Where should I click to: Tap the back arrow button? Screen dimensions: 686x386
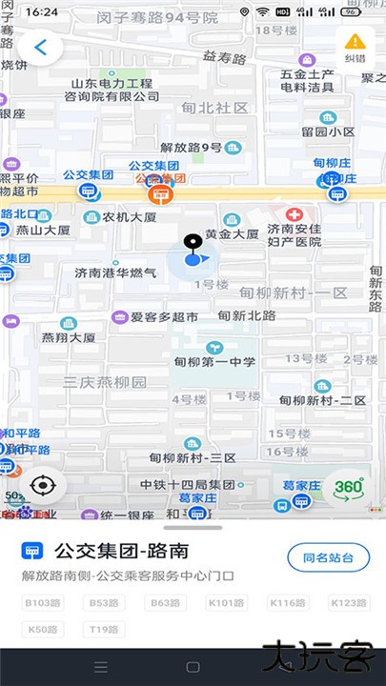point(41,47)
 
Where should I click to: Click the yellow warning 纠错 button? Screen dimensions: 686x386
point(355,46)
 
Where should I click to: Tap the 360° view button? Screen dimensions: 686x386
point(348,488)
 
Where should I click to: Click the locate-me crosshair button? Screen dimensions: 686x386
point(43,486)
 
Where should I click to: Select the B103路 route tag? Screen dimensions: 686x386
point(43,603)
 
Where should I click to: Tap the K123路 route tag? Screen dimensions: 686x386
point(348,603)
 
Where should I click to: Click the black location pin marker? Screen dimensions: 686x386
point(193,244)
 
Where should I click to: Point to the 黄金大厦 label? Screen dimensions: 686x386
point(232,233)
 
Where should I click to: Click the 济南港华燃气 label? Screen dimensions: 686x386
point(116,272)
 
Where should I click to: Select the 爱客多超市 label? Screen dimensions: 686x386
point(164,316)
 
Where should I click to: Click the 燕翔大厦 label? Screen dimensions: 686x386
point(68,337)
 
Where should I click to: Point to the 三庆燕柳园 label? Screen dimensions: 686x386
point(105,382)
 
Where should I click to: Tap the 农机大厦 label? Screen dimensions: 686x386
point(130,217)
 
